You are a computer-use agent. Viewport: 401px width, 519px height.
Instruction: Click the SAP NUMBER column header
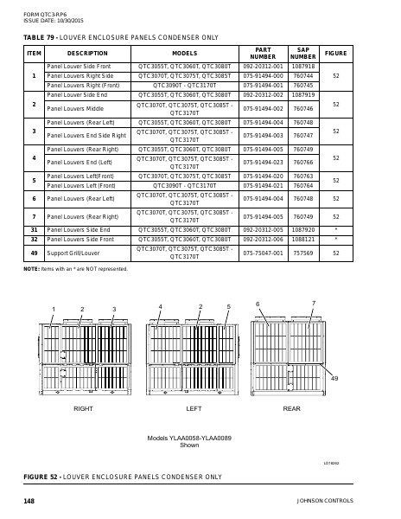click(302, 54)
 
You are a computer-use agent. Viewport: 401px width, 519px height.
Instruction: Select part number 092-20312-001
click(263, 66)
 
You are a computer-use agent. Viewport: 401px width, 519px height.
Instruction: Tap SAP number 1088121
click(302, 238)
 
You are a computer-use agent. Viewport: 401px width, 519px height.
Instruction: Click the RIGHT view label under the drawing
click(83, 407)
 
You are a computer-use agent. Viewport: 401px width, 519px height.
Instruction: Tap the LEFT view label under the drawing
click(194, 407)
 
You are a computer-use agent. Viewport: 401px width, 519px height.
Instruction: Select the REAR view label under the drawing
click(291, 407)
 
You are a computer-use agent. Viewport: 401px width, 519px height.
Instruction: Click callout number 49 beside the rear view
click(334, 379)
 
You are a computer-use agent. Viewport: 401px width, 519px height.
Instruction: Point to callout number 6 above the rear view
click(258, 304)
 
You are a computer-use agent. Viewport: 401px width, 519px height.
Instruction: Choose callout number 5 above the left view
click(228, 307)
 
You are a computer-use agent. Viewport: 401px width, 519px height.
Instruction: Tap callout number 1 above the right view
click(53, 309)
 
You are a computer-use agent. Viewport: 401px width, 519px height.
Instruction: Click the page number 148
click(29, 501)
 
